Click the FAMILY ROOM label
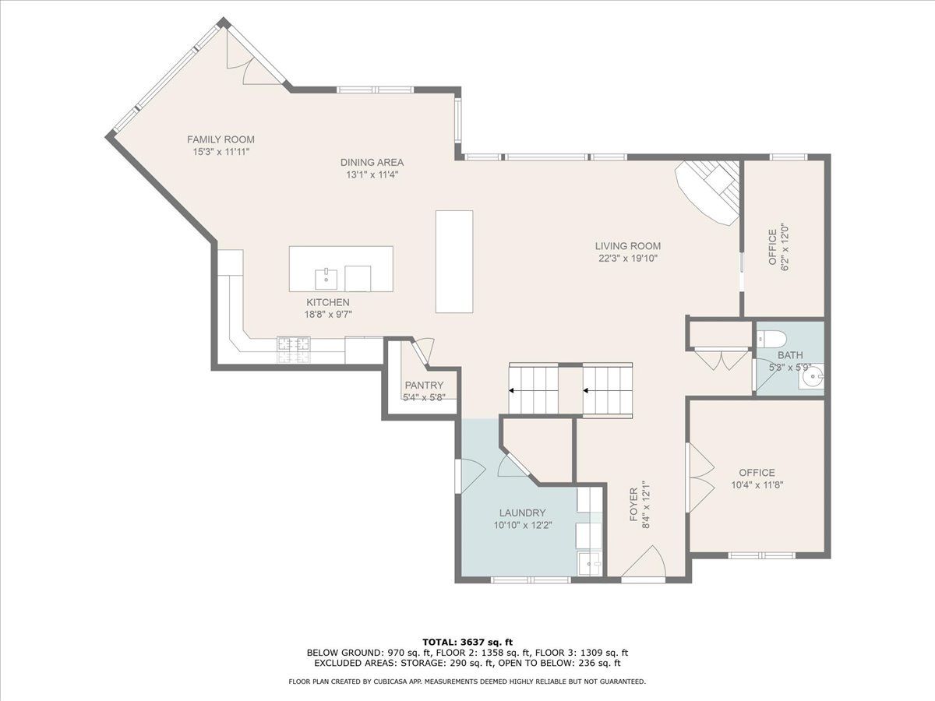coord(221,139)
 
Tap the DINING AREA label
coord(372,162)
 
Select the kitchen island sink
coord(326,279)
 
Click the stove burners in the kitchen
coord(294,350)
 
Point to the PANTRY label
coord(424,386)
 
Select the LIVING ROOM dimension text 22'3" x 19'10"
coord(628,259)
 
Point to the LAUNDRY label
coord(522,513)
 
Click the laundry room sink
coord(590,563)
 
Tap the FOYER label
coord(633,505)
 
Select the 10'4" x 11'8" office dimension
coord(757,484)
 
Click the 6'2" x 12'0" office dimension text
coord(785,247)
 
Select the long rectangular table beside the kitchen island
coord(454,262)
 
